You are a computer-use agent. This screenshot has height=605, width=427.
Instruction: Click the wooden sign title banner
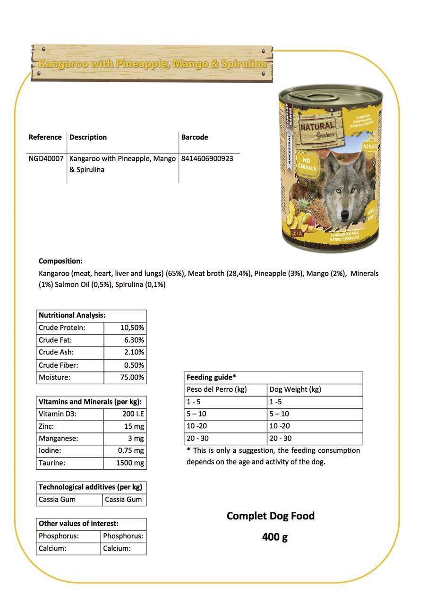[x=152, y=63]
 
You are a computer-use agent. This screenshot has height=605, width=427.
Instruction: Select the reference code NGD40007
[x=46, y=159]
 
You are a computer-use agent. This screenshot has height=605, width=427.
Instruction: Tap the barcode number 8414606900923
[x=207, y=159]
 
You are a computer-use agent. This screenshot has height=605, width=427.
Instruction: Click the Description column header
[x=88, y=137]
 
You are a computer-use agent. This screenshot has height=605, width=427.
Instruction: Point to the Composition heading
[x=60, y=261]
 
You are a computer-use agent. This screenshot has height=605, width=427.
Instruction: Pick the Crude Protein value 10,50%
[x=132, y=328]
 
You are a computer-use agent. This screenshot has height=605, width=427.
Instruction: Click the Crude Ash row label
[x=56, y=352]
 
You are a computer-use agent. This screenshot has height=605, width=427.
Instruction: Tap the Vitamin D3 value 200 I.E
[x=133, y=414]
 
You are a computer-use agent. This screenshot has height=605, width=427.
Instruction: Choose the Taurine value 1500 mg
[x=130, y=463]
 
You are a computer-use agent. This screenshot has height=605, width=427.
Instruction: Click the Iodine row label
[x=50, y=451]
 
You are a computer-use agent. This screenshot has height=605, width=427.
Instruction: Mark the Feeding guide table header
[x=211, y=377]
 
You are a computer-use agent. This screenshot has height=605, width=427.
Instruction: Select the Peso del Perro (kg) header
[x=217, y=389]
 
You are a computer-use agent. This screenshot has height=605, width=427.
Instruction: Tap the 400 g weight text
[x=275, y=537]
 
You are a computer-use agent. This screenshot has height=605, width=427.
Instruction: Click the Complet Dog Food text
[x=271, y=516]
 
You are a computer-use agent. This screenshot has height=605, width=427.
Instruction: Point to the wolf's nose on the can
[x=344, y=214]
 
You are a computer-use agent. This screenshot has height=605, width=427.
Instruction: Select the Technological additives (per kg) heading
[x=90, y=487]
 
